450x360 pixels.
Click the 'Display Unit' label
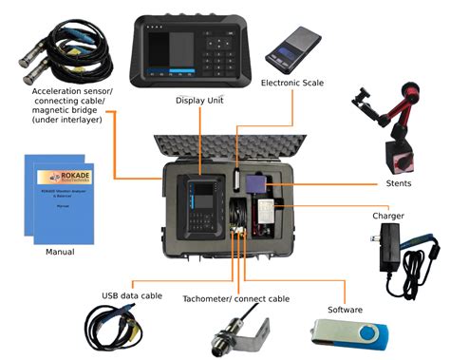click(198, 99)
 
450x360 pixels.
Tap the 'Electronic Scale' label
click(292, 83)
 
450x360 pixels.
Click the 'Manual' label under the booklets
click(60, 253)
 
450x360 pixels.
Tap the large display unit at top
click(198, 47)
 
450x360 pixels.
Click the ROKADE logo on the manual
click(60, 178)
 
